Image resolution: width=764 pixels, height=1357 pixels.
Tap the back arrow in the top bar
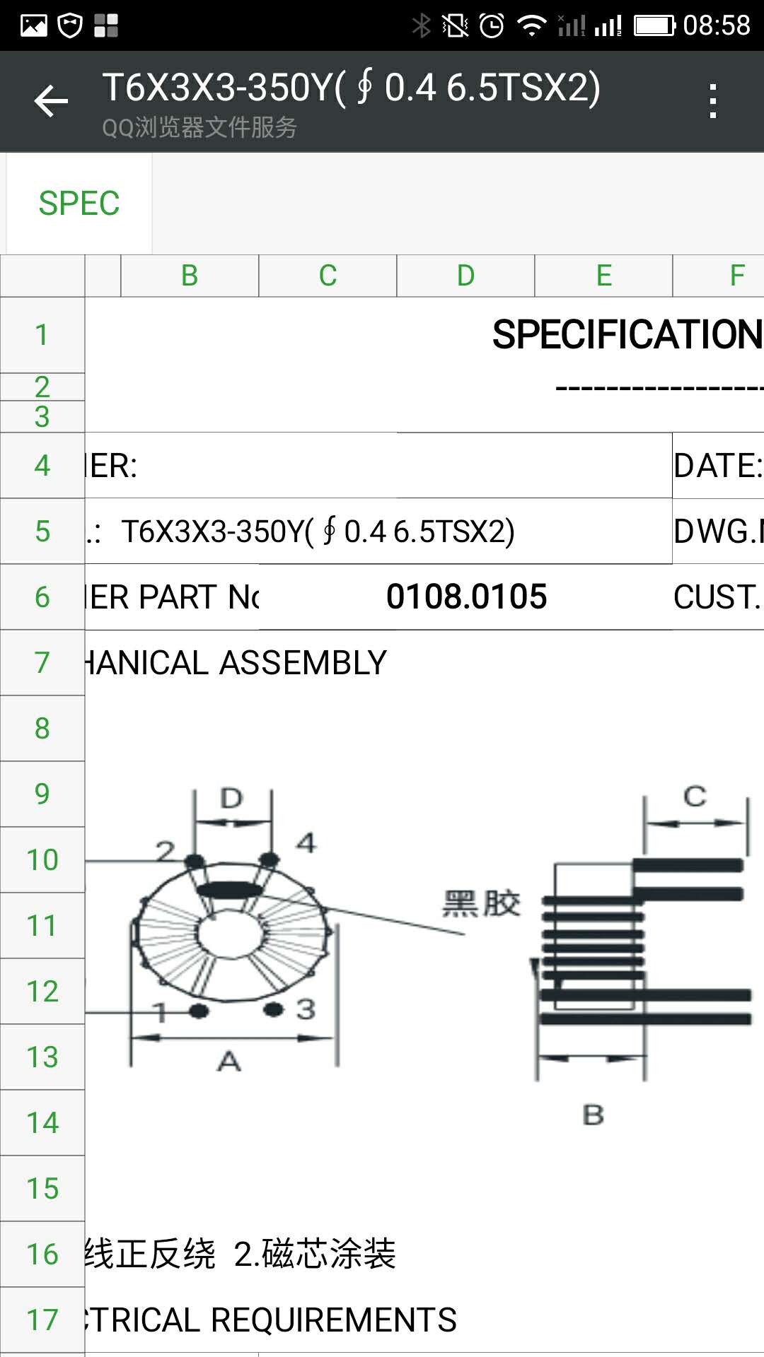[51, 101]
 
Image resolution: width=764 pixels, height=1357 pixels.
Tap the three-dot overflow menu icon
[712, 101]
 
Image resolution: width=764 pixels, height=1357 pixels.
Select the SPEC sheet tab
[79, 204]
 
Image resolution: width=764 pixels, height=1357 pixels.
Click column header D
[465, 276]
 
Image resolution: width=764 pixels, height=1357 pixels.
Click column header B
[189, 276]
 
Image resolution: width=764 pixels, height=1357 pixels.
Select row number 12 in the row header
[42, 991]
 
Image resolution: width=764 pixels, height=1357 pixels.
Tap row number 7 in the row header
[42, 662]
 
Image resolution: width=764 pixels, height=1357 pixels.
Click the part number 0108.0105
[466, 597]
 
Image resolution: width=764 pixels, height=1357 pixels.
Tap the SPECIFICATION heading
[627, 334]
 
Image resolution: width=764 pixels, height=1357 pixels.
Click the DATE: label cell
[717, 466]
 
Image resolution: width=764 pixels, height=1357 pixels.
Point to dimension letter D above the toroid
[231, 799]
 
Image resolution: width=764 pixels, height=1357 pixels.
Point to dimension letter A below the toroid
[229, 1061]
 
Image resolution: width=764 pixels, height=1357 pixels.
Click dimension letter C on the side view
[695, 797]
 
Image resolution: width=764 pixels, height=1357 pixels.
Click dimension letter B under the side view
[593, 1115]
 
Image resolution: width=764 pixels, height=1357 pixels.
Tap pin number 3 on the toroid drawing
[306, 1009]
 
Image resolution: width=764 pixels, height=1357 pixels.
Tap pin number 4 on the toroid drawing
[306, 842]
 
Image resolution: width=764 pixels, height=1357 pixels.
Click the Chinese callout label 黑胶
[481, 903]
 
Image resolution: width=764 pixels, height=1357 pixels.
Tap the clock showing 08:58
[716, 25]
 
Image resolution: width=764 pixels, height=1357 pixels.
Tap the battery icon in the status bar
[654, 26]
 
